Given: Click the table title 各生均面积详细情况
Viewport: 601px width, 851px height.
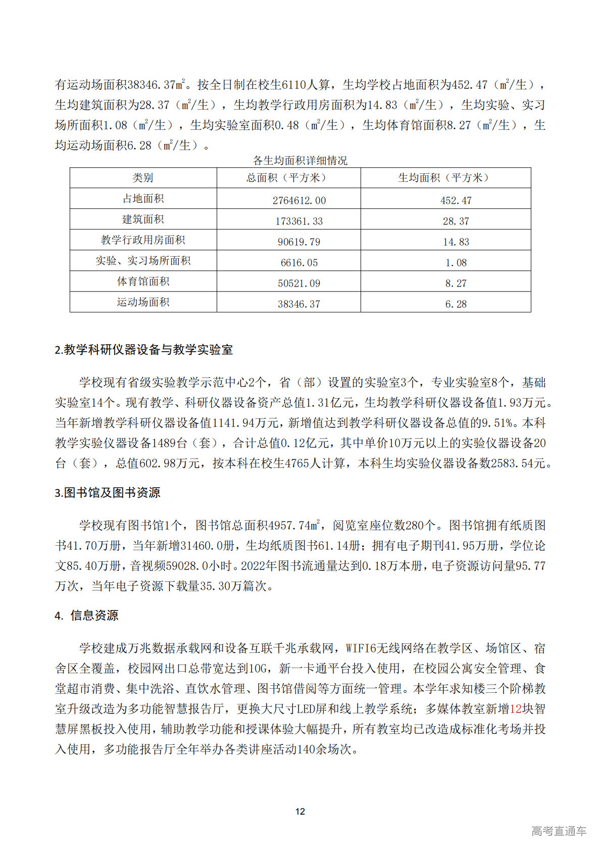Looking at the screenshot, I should pyautogui.click(x=300, y=161).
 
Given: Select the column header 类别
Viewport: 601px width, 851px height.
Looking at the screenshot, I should pyautogui.click(x=143, y=178).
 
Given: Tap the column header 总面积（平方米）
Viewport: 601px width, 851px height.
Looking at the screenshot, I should pyautogui.click(x=288, y=178).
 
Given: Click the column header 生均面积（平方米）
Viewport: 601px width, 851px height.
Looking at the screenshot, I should pyautogui.click(x=445, y=178).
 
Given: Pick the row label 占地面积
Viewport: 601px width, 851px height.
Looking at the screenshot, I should pyautogui.click(x=143, y=199).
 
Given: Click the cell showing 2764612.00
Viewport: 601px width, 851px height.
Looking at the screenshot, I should pyautogui.click(x=299, y=201).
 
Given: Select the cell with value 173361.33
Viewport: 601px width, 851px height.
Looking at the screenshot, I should pyautogui.click(x=299, y=221).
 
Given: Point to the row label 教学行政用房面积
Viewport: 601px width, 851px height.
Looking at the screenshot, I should pyautogui.click(x=143, y=240).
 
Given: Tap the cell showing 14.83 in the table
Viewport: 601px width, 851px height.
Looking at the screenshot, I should pyautogui.click(x=456, y=242).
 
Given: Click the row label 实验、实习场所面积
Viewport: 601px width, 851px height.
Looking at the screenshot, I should pyautogui.click(x=143, y=261).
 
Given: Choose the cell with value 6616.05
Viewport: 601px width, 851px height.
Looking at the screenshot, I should pyautogui.click(x=299, y=263).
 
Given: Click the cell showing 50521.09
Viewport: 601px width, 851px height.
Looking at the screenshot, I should pyautogui.click(x=299, y=283).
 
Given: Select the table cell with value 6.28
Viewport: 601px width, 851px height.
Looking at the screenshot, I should pyautogui.click(x=456, y=304).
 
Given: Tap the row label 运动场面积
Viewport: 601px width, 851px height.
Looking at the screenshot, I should pyautogui.click(x=143, y=302).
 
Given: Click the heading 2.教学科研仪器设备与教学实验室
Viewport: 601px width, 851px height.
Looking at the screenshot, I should pyautogui.click(x=144, y=350).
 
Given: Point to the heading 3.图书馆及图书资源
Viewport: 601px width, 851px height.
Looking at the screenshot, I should pyautogui.click(x=108, y=493).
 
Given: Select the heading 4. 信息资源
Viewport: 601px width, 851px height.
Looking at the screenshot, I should pyautogui.click(x=86, y=616).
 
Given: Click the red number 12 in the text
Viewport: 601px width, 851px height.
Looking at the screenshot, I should pyautogui.click(x=516, y=709).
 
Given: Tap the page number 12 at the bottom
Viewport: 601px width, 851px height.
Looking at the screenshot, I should pyautogui.click(x=300, y=812).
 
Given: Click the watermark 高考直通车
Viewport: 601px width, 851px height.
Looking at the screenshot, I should pyautogui.click(x=559, y=831).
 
